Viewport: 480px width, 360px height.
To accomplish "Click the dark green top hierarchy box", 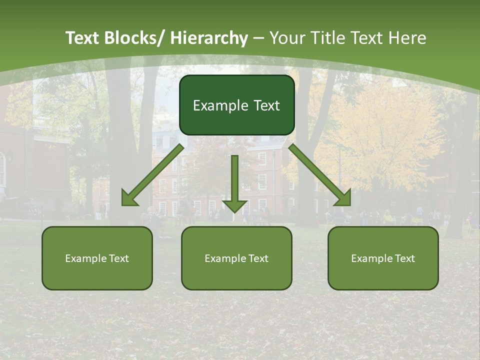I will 236,105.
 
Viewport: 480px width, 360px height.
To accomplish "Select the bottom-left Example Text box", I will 97,258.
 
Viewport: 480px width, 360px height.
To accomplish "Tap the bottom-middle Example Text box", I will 236,258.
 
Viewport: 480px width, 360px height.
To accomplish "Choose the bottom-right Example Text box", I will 383,258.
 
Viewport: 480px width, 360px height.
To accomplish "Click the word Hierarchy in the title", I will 209,38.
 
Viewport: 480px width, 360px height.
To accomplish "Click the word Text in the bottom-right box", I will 404,258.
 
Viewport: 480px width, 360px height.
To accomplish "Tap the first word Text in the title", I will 83,38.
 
